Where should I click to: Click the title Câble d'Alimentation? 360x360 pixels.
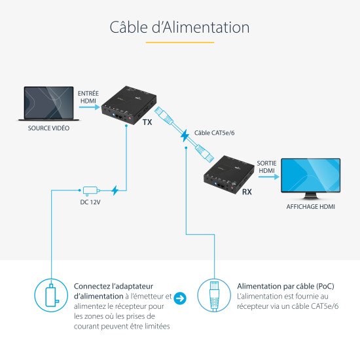pos(179,27)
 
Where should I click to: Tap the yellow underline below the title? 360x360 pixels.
pos(179,42)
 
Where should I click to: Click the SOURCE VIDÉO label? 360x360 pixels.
pos(48,128)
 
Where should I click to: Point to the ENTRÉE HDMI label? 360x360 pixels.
pos(88,98)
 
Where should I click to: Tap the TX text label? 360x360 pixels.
pos(147,122)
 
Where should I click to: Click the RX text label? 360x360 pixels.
pos(247,192)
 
